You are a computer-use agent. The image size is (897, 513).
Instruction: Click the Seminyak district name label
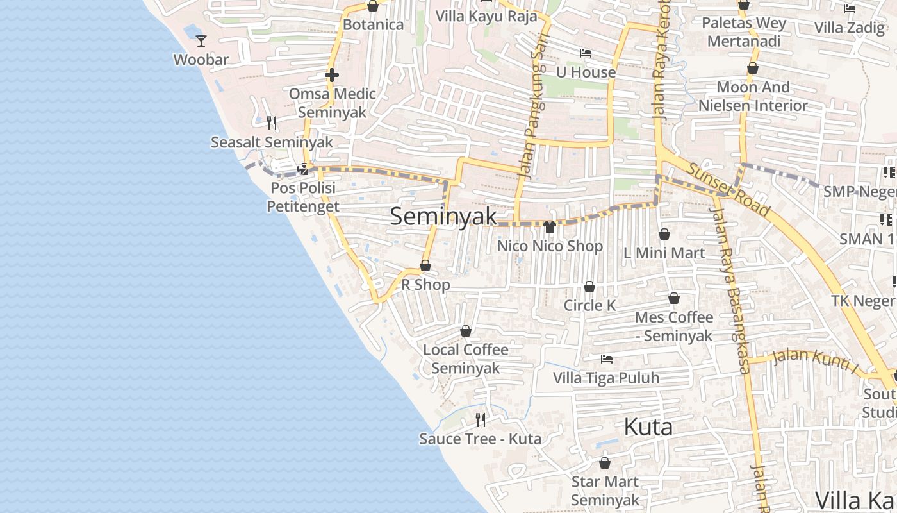(443, 216)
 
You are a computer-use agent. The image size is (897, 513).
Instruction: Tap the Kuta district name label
(648, 426)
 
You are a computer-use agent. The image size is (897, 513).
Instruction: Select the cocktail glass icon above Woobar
(201, 40)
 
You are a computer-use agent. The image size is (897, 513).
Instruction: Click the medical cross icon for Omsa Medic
(331, 75)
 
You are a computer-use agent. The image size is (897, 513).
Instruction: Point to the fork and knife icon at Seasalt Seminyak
(272, 122)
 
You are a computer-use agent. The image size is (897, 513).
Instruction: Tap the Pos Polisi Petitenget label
(302, 197)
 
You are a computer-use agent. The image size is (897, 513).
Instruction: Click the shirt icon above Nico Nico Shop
(550, 226)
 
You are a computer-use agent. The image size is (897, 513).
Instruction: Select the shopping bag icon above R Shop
(425, 265)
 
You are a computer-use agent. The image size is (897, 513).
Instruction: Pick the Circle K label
(589, 305)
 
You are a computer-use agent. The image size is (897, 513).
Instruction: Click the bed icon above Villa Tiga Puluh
(606, 359)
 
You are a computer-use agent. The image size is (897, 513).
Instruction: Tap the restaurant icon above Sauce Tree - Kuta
(480, 419)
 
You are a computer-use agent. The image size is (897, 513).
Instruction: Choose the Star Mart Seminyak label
(605, 491)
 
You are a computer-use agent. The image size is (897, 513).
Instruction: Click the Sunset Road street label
(728, 189)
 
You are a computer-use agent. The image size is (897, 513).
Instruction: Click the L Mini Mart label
(664, 253)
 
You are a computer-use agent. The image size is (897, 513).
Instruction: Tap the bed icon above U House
(585, 53)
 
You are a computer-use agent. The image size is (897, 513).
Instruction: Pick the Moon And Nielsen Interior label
(753, 96)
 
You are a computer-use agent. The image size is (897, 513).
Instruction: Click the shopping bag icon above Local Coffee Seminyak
(466, 331)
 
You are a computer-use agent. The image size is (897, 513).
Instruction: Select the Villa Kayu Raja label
(486, 16)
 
